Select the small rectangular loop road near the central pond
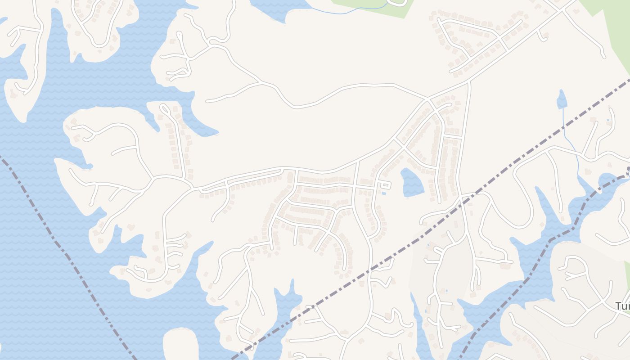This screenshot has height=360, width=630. (x=385, y=185)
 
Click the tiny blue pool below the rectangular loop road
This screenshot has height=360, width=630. (x=383, y=193)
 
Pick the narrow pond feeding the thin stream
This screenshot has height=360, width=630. (x=562, y=100)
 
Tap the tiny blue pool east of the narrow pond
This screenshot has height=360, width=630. (x=608, y=120)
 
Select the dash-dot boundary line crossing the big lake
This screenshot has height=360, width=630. (x=67, y=256)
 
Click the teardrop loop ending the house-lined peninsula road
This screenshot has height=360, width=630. (x=165, y=108)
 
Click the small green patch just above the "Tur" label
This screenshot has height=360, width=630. (x=626, y=281)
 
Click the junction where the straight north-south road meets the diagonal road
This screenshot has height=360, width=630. (x=468, y=82)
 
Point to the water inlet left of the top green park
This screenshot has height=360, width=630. (x=274, y=9)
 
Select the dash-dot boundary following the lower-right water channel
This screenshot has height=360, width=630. (x=531, y=274)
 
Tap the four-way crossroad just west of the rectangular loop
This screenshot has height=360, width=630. (x=355, y=184)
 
